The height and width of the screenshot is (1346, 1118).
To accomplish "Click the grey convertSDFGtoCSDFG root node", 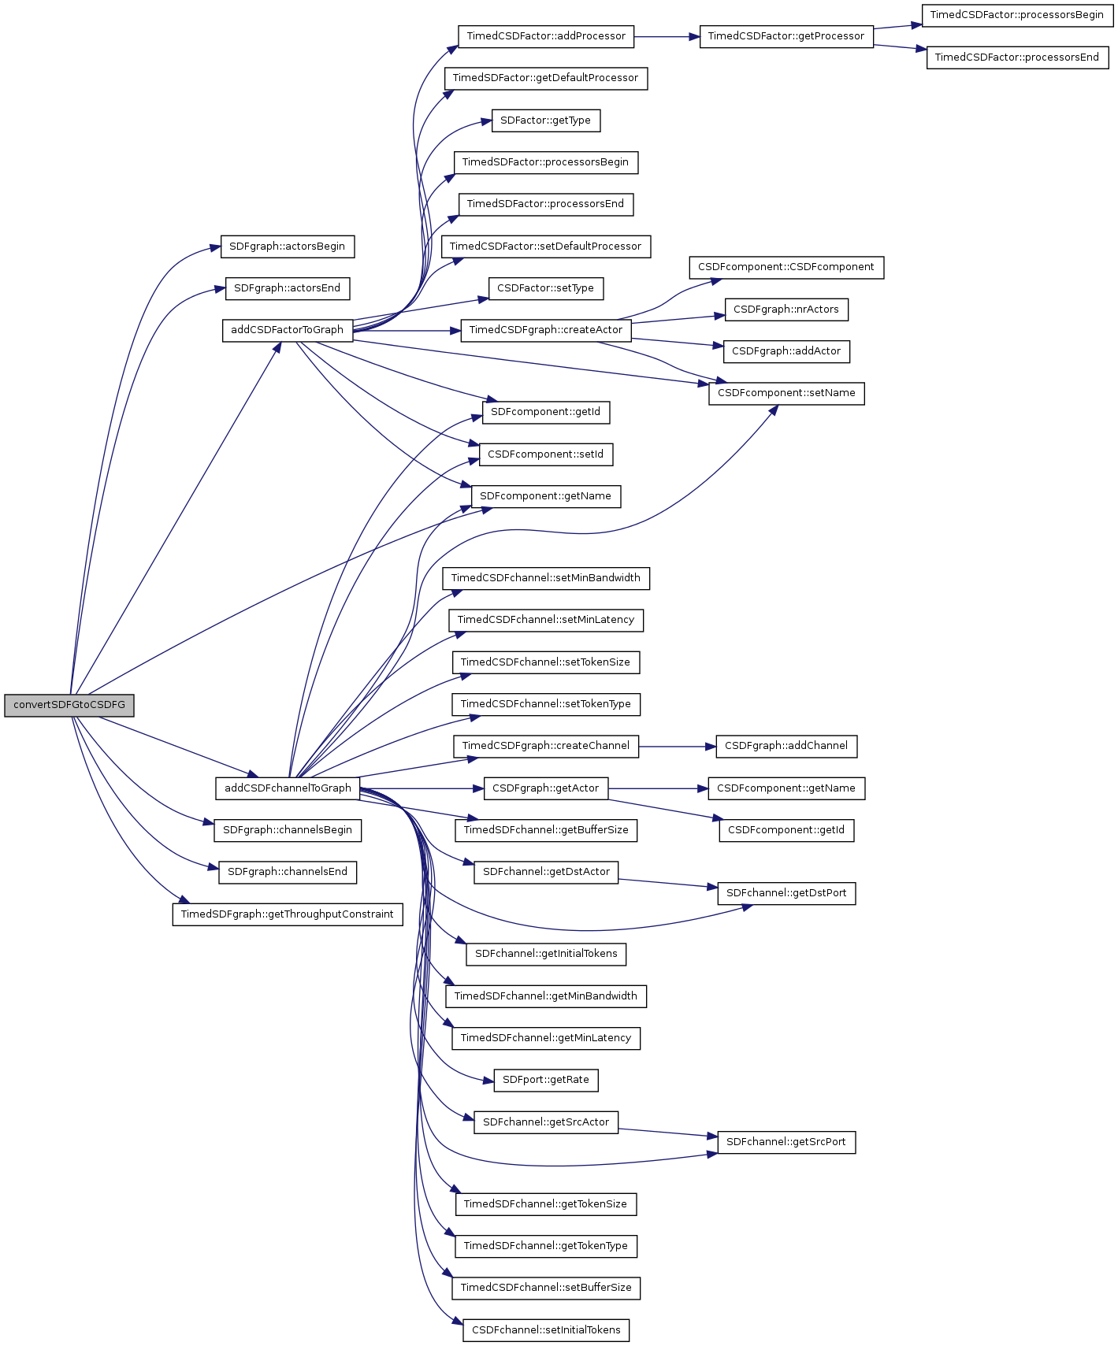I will [x=69, y=705].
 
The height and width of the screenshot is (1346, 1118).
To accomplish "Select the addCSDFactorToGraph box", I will [x=287, y=330].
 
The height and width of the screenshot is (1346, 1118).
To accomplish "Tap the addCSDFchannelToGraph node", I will [x=288, y=788].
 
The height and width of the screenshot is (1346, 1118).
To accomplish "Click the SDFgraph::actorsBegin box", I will [x=287, y=247].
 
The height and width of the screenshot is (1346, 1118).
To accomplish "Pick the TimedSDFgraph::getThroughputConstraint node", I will [x=287, y=914].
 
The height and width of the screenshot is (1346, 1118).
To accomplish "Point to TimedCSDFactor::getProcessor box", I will [x=786, y=36].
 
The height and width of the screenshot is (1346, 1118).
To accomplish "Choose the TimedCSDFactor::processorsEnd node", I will [x=1016, y=57].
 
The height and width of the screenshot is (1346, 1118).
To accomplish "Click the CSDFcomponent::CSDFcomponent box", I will [x=786, y=267].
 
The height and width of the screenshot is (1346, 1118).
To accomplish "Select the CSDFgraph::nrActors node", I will [x=786, y=310].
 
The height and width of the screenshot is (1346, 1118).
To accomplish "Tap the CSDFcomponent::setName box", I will [x=786, y=393].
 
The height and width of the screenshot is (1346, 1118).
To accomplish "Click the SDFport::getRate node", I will [x=545, y=1080].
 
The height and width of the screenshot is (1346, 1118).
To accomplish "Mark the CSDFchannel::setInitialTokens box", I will [x=545, y=1330].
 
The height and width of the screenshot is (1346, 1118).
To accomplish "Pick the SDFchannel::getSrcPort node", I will [x=786, y=1142].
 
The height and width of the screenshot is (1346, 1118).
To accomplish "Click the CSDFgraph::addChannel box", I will [x=786, y=746].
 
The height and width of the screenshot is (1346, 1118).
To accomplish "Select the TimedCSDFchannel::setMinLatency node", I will [x=545, y=620].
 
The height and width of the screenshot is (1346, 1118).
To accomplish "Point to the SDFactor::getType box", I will [x=545, y=121].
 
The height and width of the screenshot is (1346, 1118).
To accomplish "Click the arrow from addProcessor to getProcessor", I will [x=666, y=36].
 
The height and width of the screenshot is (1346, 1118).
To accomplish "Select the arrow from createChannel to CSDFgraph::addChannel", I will [x=677, y=746].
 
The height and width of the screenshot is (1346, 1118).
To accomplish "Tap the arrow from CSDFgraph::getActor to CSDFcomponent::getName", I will [x=658, y=788].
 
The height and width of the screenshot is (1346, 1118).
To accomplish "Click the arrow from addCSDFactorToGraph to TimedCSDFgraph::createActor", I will [x=406, y=331].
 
